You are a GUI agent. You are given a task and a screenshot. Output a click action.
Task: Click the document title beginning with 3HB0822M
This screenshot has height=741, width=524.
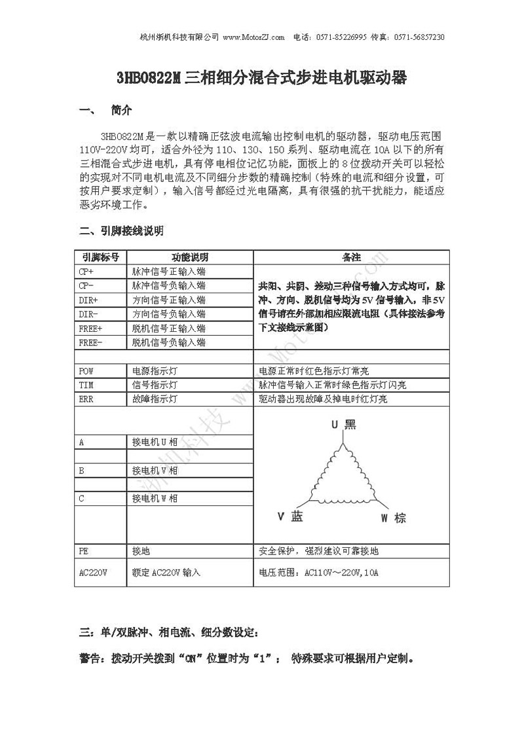[262, 79]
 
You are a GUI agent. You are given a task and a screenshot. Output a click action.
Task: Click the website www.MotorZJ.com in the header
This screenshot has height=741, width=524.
[253, 37]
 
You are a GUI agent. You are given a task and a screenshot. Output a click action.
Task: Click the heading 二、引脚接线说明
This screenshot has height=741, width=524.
[121, 231]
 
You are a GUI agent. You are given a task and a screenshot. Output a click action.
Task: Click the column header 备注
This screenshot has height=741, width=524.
[352, 257]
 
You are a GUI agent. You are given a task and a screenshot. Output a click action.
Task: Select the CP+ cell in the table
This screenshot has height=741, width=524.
[86, 271]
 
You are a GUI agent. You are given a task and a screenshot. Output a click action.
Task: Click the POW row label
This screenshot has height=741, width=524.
[86, 370]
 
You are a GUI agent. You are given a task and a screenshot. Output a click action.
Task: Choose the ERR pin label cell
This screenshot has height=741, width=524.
[86, 399]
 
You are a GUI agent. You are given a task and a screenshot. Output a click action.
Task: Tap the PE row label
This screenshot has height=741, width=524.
[83, 551]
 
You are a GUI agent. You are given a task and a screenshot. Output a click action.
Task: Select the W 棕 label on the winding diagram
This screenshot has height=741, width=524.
[394, 518]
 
